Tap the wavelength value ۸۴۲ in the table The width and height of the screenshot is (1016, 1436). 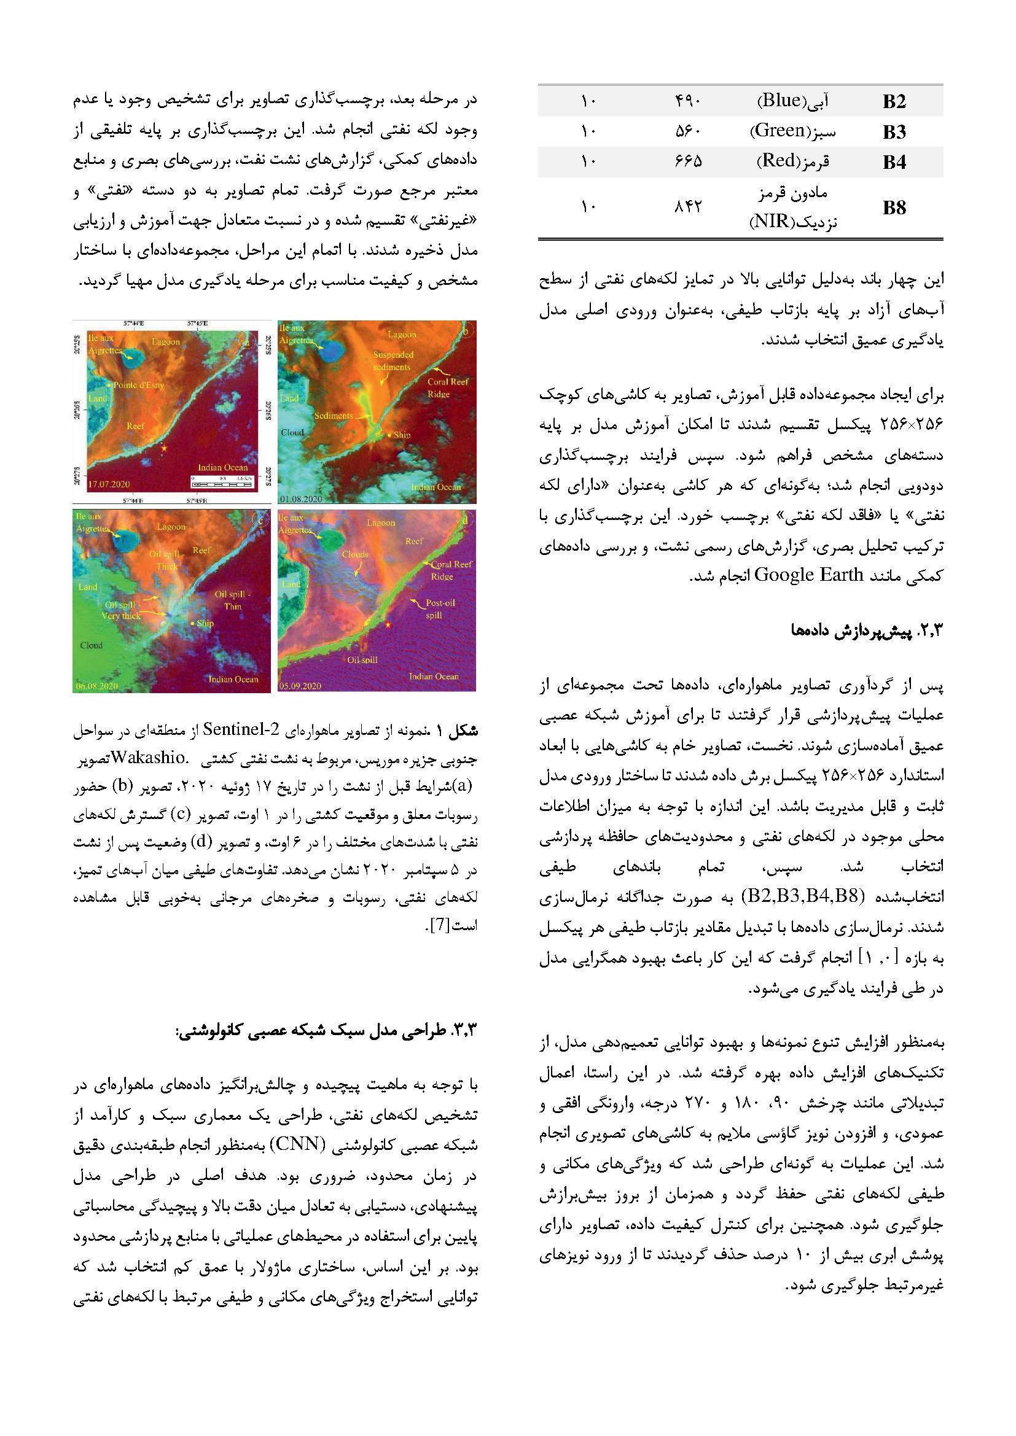point(688,208)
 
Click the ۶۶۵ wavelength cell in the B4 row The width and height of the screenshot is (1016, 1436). point(688,162)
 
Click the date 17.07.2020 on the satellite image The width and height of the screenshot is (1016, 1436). point(99,484)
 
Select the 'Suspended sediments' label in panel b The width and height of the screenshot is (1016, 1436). point(392,361)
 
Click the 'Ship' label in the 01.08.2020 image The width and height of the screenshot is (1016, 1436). point(402,435)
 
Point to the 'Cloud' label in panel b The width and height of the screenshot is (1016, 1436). point(292,432)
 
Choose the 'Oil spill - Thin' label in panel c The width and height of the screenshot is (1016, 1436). point(232,600)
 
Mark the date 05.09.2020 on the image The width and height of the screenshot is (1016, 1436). point(301,686)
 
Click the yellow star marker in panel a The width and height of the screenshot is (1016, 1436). point(164,448)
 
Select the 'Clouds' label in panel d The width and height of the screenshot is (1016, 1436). point(355,555)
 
